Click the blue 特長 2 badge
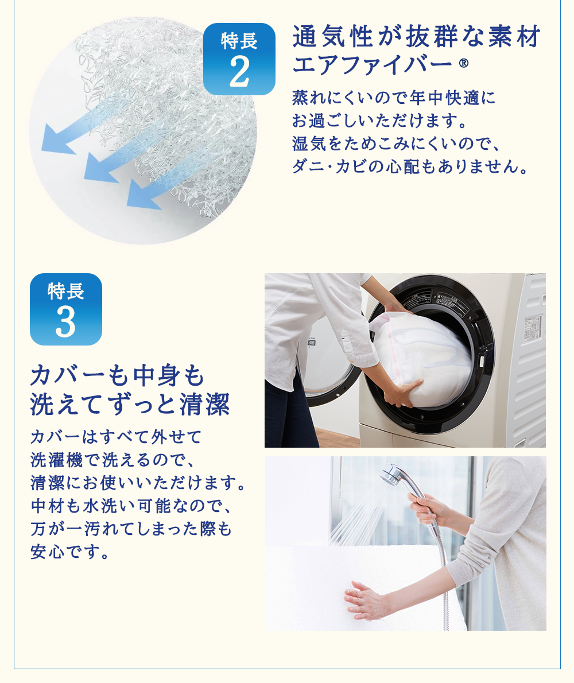coord(239,59)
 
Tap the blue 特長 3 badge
coord(66,309)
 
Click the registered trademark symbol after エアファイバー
coord(463,64)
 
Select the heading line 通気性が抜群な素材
coord(416,36)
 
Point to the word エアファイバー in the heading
coord(373,64)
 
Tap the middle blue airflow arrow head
coord(99,168)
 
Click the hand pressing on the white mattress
coord(365,600)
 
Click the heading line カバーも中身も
coord(117,375)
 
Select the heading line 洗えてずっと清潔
coord(130,404)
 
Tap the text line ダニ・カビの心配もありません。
coord(410,166)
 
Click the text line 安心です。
coord(69,552)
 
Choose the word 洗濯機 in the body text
coord(57,460)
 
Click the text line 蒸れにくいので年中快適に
coord(394,98)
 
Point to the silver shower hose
coord(441,575)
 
